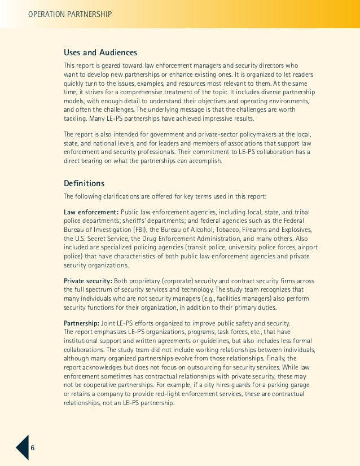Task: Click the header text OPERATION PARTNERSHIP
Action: tap(69, 13)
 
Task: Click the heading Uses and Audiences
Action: tap(100, 53)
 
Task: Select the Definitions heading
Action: tap(84, 183)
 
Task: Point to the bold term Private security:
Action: tap(88, 281)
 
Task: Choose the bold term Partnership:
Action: tap(82, 323)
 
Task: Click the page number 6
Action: tap(33, 447)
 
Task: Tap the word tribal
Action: tap(300, 212)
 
